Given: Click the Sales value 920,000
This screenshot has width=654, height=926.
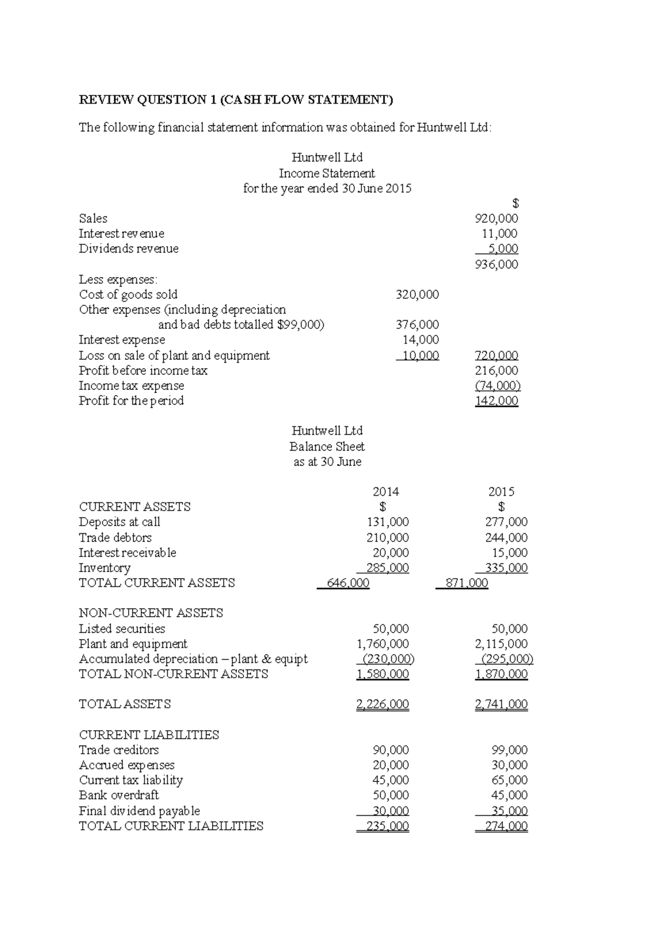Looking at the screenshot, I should point(496,219).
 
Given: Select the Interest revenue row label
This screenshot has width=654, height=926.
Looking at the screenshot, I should point(121,233).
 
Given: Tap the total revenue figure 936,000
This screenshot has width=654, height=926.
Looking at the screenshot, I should point(496,264).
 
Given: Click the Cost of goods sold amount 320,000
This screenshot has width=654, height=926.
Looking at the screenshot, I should point(417,295).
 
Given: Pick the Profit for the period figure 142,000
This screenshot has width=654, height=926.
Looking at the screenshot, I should point(496,401).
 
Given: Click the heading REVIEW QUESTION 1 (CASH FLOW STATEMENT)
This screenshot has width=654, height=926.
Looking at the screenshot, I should point(235,100).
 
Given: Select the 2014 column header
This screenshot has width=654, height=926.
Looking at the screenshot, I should point(385,492).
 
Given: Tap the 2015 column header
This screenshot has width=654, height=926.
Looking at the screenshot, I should point(501,492).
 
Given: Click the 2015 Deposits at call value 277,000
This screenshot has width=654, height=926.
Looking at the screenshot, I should point(506,522).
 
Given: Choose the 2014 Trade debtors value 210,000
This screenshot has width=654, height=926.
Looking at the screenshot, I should point(387,538).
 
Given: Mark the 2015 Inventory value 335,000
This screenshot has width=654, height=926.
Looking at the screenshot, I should point(506,568).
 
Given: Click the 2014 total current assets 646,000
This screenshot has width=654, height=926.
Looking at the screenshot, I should point(348,583).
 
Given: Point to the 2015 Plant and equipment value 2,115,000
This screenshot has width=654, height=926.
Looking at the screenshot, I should point(501,644).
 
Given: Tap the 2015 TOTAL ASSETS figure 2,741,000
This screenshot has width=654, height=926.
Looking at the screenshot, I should point(501,705).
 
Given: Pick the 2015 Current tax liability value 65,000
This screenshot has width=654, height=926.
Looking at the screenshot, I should point(510,780).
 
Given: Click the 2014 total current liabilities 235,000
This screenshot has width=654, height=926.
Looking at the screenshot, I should point(387,826).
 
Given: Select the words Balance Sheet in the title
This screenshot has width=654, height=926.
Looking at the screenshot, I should point(327,447).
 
